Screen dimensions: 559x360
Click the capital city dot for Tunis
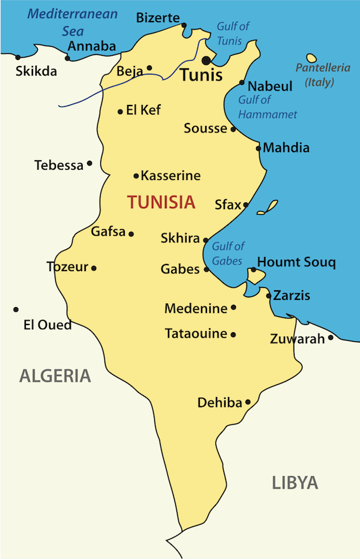coord(207,60)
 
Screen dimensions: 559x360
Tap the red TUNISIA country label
coord(161,202)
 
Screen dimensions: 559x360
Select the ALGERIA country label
coord(55,376)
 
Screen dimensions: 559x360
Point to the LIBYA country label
coord(295,483)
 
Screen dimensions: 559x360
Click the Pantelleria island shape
coord(311,59)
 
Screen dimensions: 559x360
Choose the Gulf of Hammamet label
coord(268,107)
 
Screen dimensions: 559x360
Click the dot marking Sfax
coord(245,205)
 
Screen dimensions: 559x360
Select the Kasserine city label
coord(170,176)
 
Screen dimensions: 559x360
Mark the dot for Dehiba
coord(248,402)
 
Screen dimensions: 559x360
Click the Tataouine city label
coord(196,334)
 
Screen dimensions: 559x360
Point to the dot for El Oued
coord(16,309)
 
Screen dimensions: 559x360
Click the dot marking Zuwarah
coord(330,338)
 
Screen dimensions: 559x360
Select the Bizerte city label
coord(158,17)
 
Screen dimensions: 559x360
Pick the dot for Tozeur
coord(94,268)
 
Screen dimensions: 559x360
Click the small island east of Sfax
coord(269,207)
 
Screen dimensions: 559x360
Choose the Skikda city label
coord(36,71)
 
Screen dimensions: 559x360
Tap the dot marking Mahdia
coord(259,148)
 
